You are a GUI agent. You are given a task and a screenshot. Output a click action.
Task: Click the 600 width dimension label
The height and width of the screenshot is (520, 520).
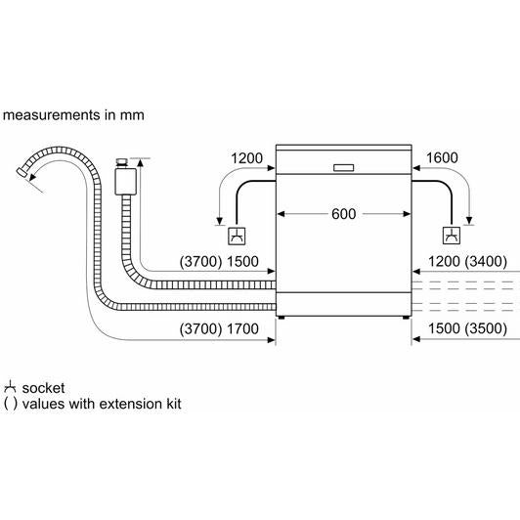pyautogui.click(x=344, y=214)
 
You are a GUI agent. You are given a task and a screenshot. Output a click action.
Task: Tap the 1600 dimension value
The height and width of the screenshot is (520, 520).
pyautogui.click(x=442, y=158)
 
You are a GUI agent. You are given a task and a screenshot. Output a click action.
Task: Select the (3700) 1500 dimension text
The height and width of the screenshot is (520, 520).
pyautogui.click(x=219, y=262)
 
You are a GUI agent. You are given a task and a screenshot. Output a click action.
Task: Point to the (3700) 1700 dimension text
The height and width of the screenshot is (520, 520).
pyautogui.click(x=219, y=329)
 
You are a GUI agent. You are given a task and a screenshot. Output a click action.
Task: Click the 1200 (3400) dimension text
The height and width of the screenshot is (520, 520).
pyautogui.click(x=467, y=262)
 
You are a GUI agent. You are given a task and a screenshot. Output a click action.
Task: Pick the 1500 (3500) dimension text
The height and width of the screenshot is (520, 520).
pyautogui.click(x=467, y=328)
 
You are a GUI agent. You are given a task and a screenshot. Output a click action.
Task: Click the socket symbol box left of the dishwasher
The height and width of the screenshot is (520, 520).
pyautogui.click(x=237, y=236)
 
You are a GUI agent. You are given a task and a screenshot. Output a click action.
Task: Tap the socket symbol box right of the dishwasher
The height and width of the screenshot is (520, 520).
pyautogui.click(x=452, y=236)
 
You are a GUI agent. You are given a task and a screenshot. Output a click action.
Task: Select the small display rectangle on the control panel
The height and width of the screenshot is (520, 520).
pyautogui.click(x=344, y=168)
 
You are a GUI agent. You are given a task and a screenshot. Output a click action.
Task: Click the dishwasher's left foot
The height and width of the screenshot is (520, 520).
pyautogui.click(x=282, y=318)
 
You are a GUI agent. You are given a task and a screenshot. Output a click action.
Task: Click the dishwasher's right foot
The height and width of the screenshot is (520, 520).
pyautogui.click(x=406, y=318)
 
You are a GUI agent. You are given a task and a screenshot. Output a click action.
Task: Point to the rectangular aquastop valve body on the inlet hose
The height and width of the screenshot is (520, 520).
pyautogui.click(x=126, y=182)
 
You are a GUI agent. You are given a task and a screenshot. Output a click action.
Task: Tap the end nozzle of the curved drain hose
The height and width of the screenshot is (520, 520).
pyautogui.click(x=22, y=171)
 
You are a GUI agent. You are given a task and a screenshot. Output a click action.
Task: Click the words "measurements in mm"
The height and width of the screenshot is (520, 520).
pyautogui.click(x=73, y=115)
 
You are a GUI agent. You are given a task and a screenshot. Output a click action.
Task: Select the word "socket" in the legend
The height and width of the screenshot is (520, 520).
pyautogui.click(x=43, y=388)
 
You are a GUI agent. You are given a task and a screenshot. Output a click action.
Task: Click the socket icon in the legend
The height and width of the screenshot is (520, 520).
pyautogui.click(x=10, y=387)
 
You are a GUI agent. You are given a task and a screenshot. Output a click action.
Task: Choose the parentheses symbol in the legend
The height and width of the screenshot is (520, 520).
pyautogui.click(x=10, y=404)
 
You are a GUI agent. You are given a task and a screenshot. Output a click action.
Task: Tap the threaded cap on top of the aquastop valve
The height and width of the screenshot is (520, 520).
pyautogui.click(x=122, y=163)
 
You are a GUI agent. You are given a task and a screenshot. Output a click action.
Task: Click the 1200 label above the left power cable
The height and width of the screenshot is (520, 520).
pyautogui.click(x=246, y=158)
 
